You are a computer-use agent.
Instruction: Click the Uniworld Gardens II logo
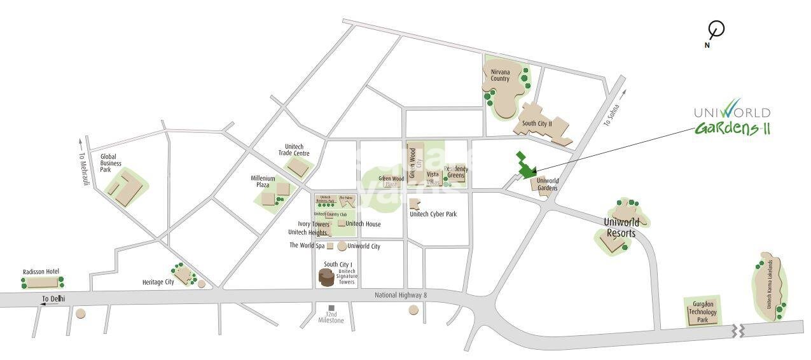point(731,120)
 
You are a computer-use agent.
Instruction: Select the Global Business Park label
point(111,162)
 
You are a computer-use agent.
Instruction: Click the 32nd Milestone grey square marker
point(331,308)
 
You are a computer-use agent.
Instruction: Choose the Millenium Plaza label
point(263,181)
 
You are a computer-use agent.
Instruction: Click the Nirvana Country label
point(500,75)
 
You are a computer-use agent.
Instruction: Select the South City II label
point(536,123)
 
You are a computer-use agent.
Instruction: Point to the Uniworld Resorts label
point(620,228)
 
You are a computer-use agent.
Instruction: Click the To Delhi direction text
point(53,298)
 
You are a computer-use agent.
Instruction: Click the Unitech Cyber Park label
point(433,214)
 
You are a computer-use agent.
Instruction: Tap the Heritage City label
point(158,282)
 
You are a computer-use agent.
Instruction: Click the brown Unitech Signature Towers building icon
point(326,277)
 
